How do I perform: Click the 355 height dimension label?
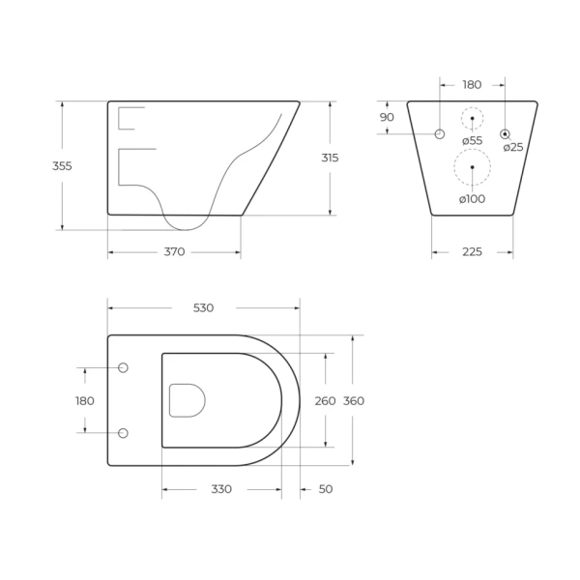[62, 166]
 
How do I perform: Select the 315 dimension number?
[330, 158]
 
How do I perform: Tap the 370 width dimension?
[174, 252]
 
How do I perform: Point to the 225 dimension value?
[473, 252]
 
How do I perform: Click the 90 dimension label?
[387, 117]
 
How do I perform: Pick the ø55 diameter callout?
[473, 140]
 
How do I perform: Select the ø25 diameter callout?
[513, 147]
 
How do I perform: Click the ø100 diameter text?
[472, 199]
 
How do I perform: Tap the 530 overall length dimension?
[203, 307]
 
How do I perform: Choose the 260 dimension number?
[325, 400]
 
